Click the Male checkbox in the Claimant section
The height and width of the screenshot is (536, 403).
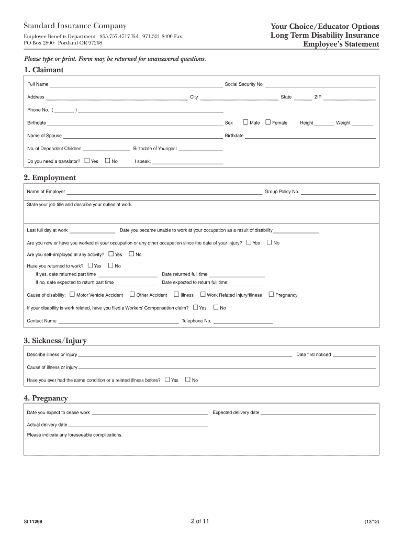click(245, 122)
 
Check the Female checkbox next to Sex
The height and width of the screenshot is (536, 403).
click(268, 122)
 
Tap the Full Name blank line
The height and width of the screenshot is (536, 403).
click(136, 85)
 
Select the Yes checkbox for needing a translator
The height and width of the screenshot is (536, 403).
click(87, 161)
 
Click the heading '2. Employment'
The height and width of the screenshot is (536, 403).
click(50, 178)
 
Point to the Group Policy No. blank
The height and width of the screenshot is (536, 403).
click(338, 193)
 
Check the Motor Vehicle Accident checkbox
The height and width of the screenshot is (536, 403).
click(72, 294)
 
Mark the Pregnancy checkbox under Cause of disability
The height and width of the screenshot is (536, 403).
click(271, 294)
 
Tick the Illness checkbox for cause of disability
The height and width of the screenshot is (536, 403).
click(176, 294)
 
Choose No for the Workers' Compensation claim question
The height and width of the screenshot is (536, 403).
click(216, 307)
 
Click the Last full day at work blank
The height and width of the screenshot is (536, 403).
click(92, 231)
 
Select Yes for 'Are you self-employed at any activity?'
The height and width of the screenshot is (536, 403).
click(110, 254)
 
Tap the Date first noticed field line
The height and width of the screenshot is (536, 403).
click(354, 356)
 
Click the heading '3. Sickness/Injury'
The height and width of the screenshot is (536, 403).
click(55, 341)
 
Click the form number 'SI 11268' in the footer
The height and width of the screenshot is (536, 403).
click(32, 522)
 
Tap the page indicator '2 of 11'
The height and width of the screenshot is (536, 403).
click(200, 521)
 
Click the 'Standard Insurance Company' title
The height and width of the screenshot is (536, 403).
click(75, 26)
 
